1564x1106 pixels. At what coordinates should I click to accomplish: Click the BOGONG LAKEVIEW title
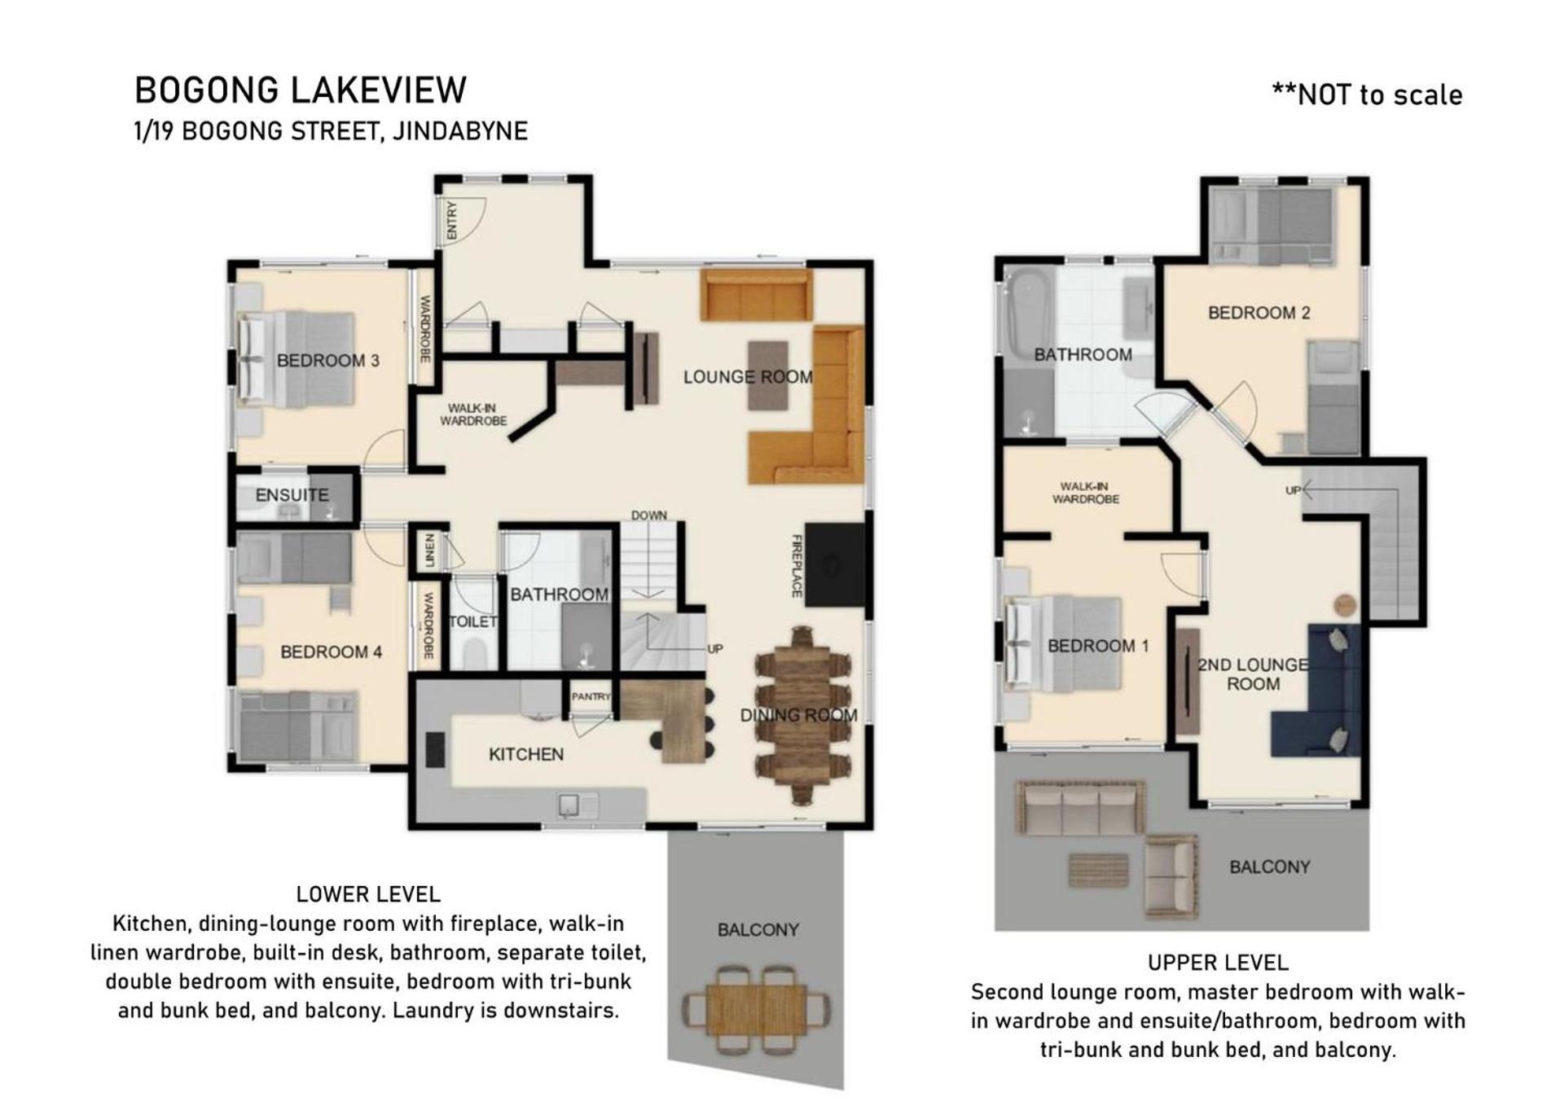click(301, 90)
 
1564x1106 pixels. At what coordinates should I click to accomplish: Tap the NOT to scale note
click(1367, 95)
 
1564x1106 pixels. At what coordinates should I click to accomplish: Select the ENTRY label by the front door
click(451, 220)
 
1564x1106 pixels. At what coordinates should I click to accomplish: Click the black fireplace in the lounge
click(835, 564)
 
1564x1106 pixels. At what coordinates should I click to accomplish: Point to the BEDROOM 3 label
click(328, 360)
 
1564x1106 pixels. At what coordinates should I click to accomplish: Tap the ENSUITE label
click(292, 495)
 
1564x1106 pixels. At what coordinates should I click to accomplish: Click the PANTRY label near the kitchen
click(591, 696)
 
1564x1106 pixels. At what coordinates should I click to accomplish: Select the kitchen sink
click(570, 805)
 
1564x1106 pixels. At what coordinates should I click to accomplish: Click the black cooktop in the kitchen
click(435, 749)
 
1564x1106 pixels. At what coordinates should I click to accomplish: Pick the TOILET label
click(472, 621)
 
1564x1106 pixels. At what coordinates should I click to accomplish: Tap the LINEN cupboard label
click(429, 551)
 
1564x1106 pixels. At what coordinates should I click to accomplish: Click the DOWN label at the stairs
click(648, 516)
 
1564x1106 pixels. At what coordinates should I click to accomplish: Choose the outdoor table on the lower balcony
click(757, 1010)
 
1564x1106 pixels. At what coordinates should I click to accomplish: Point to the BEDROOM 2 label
click(1259, 313)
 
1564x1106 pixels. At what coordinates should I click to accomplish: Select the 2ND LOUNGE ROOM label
click(1253, 674)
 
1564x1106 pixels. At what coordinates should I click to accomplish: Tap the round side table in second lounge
click(1345, 605)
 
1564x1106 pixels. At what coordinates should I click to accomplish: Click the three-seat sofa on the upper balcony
click(1081, 809)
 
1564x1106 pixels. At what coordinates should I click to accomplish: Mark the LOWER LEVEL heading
click(368, 894)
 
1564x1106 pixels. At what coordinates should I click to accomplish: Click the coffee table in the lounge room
click(768, 375)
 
